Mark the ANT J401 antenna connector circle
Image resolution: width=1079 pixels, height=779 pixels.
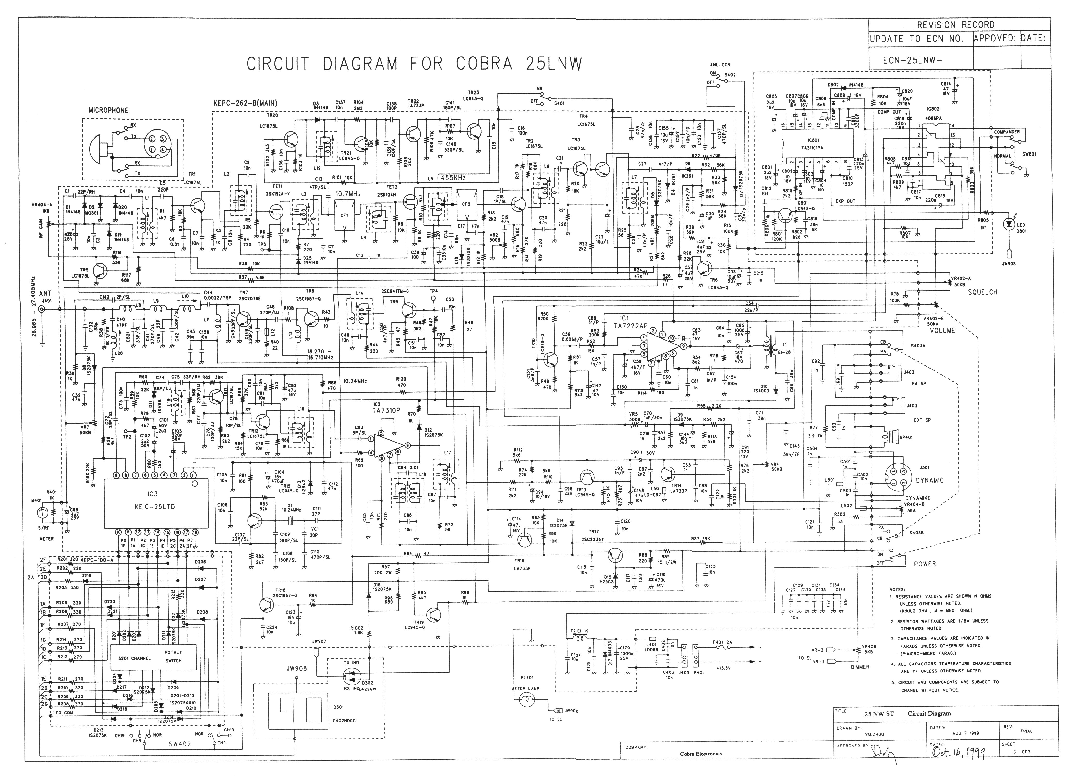(x=42, y=309)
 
